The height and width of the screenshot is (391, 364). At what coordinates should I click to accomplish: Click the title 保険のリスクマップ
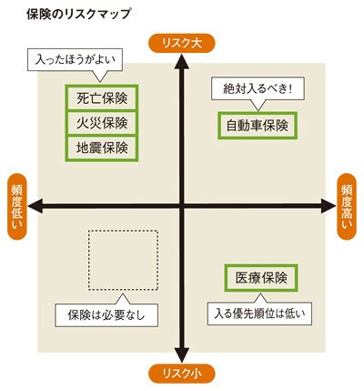point(78,15)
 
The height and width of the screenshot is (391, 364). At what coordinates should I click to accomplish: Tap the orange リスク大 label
point(181,43)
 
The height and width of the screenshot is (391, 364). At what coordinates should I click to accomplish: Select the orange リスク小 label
point(181,374)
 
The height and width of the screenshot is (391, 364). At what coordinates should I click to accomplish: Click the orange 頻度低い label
point(17,207)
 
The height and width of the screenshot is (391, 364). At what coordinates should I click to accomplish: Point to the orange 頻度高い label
point(347,207)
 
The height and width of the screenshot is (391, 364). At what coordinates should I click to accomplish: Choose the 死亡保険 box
point(102,98)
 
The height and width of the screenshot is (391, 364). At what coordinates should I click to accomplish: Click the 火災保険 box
point(102,123)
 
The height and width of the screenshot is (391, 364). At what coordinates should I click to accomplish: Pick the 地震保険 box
point(102,149)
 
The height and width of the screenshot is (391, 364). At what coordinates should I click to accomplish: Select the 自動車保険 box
point(258,126)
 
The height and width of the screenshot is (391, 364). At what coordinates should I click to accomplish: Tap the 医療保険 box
point(261,278)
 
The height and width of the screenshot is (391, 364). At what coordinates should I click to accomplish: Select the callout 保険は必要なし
point(106,314)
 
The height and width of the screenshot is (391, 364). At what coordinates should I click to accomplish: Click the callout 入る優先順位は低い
point(259,314)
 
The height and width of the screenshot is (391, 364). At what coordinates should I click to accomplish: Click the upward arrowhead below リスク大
point(182,61)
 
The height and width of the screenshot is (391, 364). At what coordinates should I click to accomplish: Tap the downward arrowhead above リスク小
point(182,355)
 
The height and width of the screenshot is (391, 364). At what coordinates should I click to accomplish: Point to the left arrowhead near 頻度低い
point(35,206)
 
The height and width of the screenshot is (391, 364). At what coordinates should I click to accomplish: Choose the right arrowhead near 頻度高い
point(329,206)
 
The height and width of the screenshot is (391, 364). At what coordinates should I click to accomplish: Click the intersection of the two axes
point(182,206)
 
